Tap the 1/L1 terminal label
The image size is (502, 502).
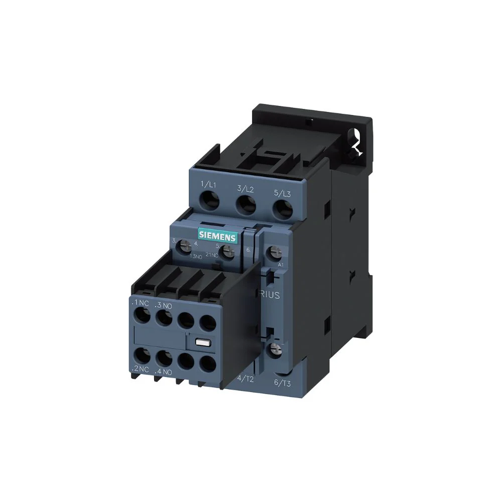[x=208, y=185]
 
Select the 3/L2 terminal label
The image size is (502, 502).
[x=245, y=189]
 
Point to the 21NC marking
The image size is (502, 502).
[x=212, y=255]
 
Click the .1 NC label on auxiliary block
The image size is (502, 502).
[x=140, y=303]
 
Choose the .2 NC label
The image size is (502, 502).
[x=140, y=369]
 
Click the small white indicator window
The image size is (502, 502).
[x=202, y=343]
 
